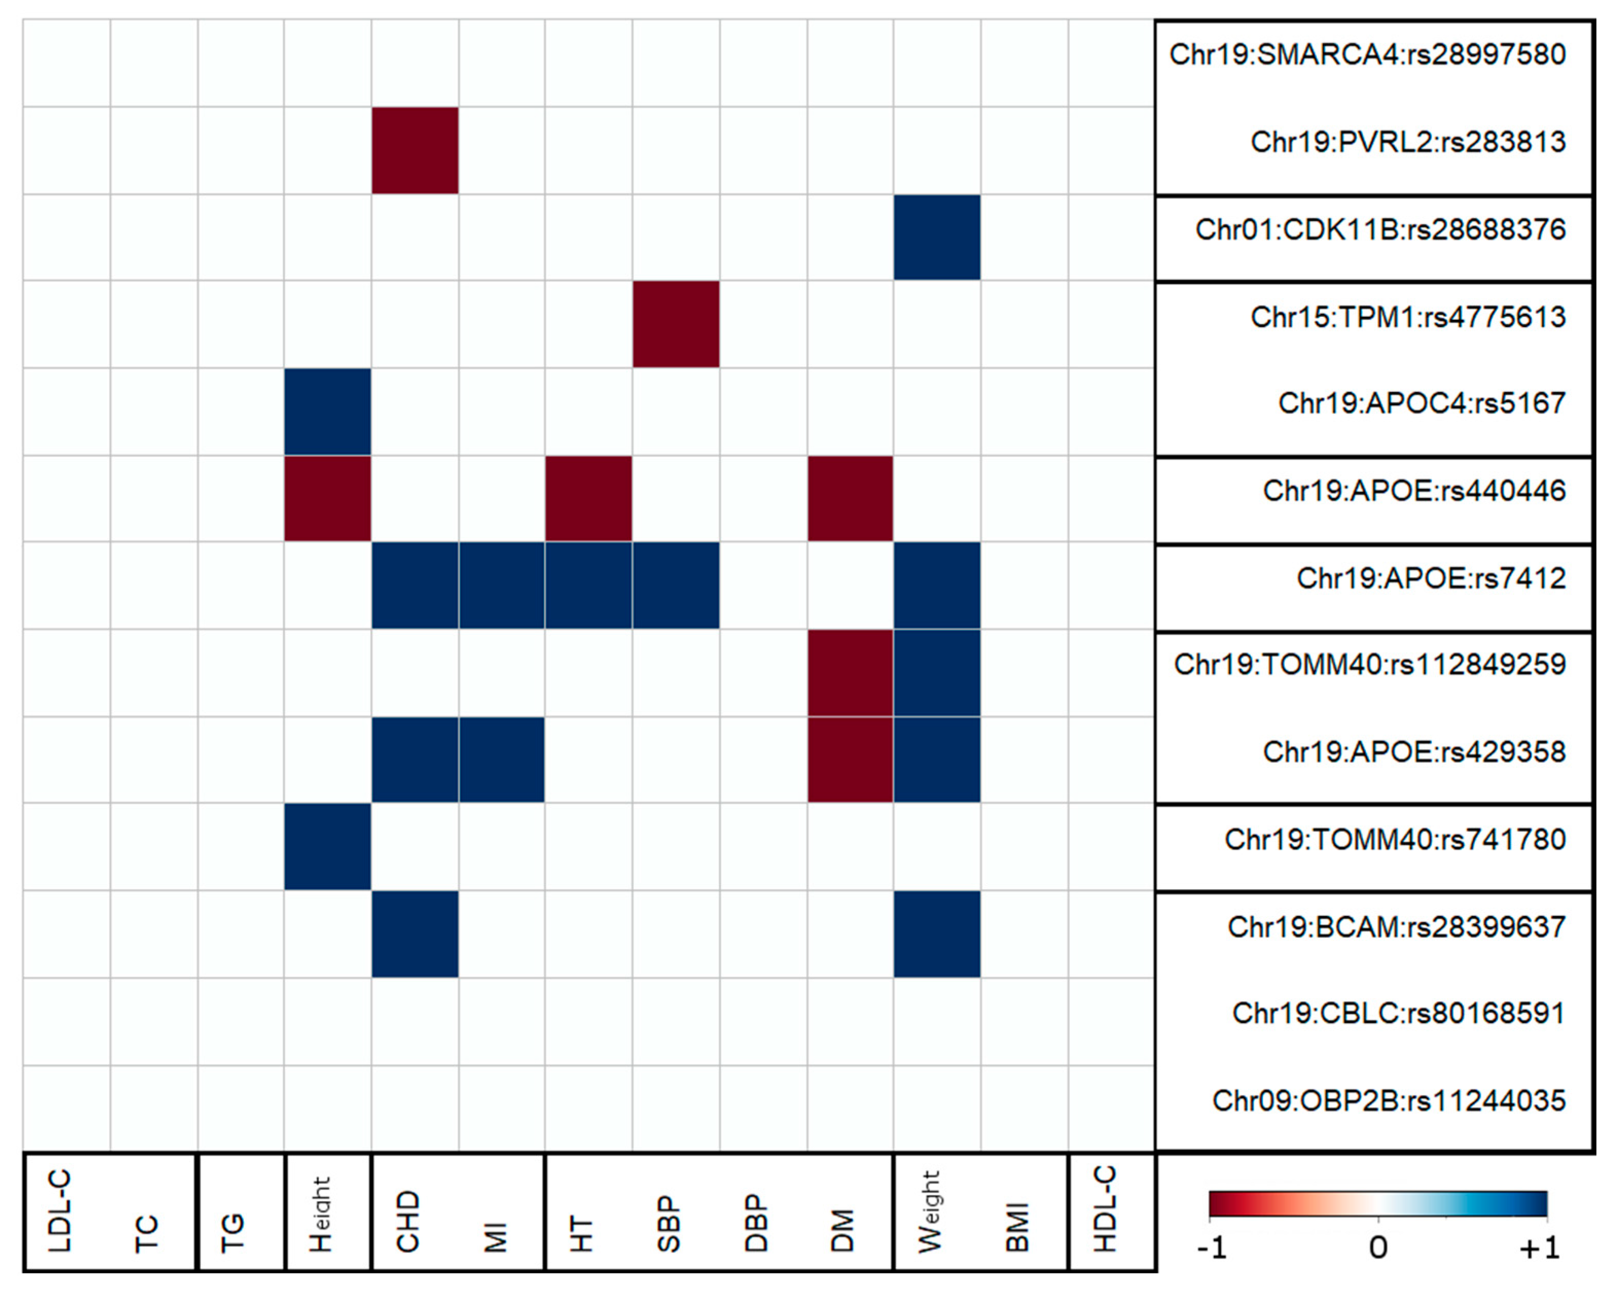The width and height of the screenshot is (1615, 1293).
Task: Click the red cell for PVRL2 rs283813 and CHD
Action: [x=415, y=150]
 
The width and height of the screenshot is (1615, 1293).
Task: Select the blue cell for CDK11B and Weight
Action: [x=936, y=238]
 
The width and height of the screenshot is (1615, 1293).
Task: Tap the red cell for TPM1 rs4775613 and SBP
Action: [x=676, y=325]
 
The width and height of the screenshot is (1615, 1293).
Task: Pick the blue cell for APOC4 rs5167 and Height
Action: [x=328, y=411]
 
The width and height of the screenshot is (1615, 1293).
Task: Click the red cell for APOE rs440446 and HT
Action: [x=588, y=498]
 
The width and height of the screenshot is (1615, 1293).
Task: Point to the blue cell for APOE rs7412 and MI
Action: [x=501, y=585]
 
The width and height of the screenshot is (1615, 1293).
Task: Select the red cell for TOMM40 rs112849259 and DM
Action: [x=849, y=672]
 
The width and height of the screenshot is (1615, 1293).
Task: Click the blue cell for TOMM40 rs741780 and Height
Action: [x=328, y=847]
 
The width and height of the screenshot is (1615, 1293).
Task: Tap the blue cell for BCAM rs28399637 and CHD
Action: [x=415, y=933]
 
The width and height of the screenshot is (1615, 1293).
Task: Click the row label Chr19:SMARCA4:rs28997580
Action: [x=1367, y=55]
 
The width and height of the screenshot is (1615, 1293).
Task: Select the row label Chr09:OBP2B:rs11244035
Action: [x=1388, y=1101]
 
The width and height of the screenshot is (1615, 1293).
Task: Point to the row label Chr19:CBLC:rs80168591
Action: [x=1398, y=1013]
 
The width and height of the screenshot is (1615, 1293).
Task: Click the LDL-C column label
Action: [x=60, y=1211]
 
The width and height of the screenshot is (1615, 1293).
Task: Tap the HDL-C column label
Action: [x=1105, y=1208]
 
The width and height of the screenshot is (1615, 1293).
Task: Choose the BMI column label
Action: [x=1017, y=1226]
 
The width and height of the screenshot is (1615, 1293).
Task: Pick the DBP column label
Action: [x=756, y=1223]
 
